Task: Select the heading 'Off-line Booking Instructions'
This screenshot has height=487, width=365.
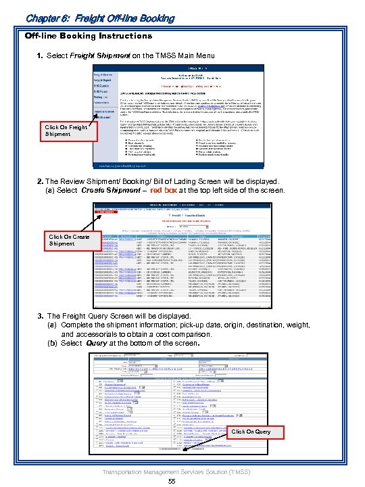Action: click(89, 35)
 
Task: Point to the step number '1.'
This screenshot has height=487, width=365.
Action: click(41, 54)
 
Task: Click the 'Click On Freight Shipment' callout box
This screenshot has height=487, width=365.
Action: click(66, 130)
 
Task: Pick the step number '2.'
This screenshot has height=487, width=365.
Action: click(41, 181)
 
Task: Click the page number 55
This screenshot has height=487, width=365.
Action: click(172, 481)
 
